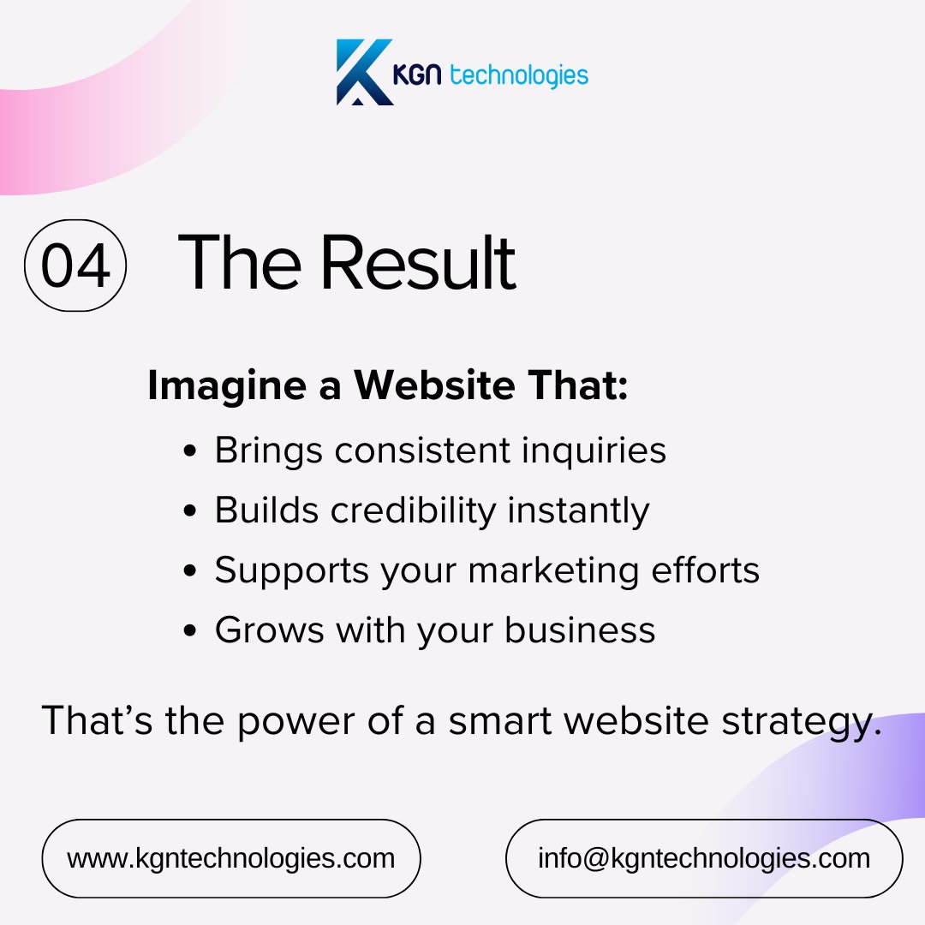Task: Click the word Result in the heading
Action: point(418,262)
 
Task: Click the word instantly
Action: point(578,511)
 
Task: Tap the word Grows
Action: point(269,630)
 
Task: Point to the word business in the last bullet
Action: point(580,630)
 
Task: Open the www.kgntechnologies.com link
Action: point(231,858)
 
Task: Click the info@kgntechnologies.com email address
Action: point(704,858)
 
